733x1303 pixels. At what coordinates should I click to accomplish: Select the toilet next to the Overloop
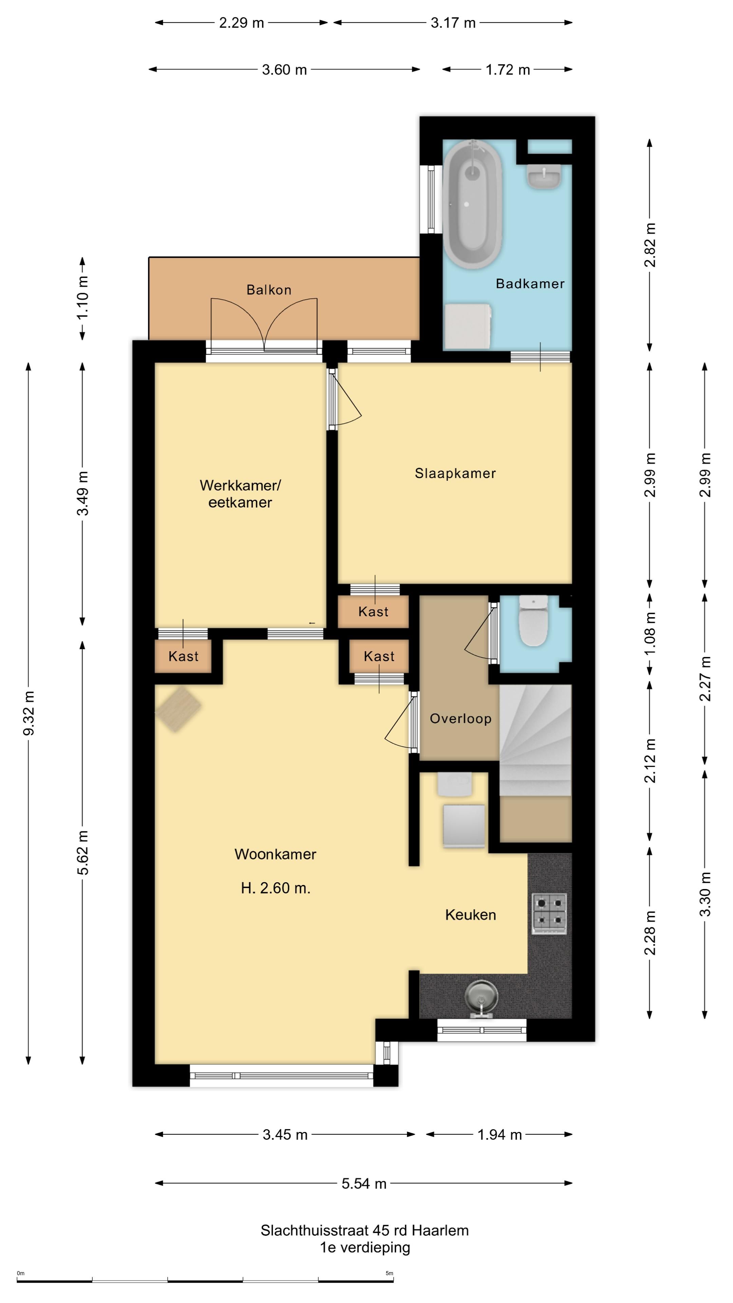[533, 621]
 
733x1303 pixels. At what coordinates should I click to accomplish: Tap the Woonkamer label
[275, 854]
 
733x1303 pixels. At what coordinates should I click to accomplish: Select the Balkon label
[269, 290]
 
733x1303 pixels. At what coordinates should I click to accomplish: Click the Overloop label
[461, 719]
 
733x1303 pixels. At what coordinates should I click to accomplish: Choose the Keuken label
[470, 914]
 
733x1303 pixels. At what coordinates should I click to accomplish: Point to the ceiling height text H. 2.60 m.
[276, 888]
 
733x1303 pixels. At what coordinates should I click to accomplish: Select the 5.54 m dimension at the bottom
[364, 1183]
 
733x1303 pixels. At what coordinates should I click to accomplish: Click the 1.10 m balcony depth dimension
[82, 297]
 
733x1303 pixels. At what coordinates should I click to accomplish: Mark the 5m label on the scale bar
[389, 1273]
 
